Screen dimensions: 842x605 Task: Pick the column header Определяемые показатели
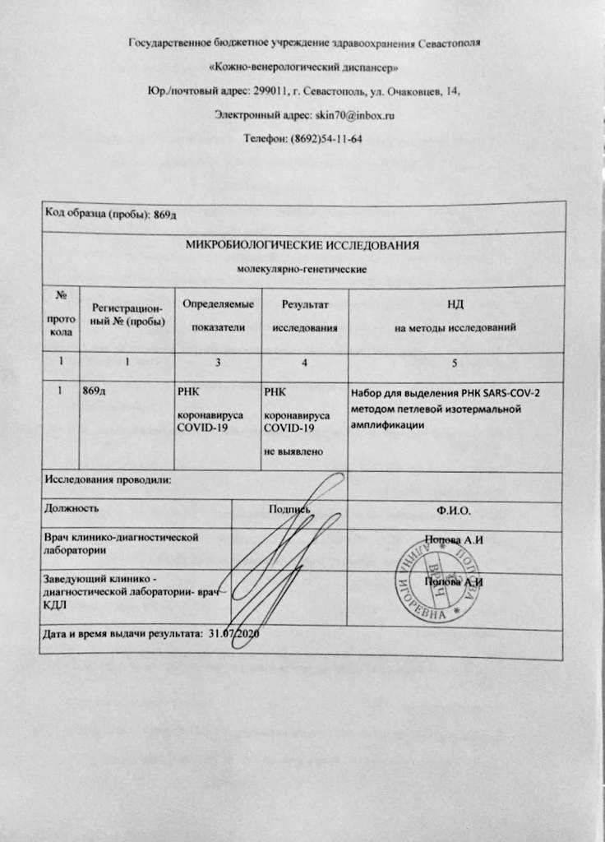(219, 316)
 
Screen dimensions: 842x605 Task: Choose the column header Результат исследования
(304, 316)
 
